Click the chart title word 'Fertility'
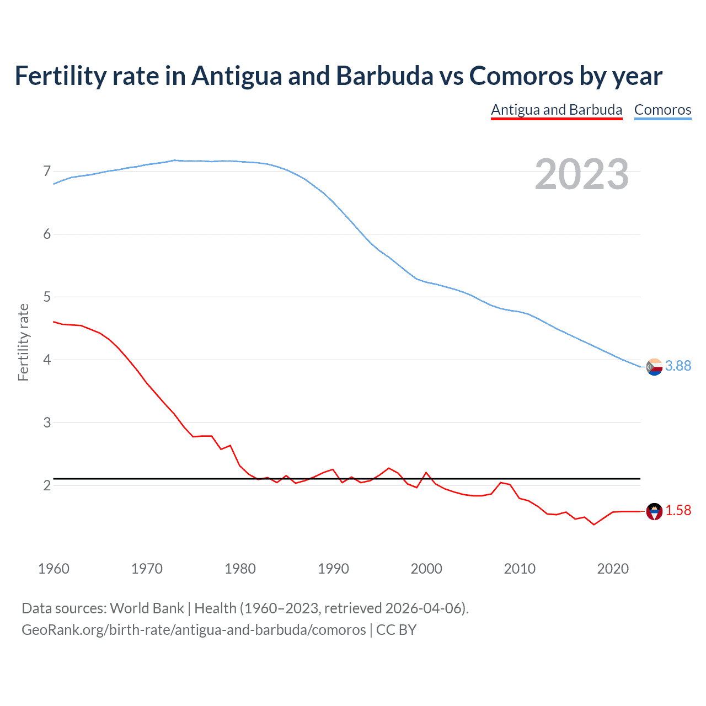coord(60,76)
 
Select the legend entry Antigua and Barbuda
coord(557,110)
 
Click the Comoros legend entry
coord(662,110)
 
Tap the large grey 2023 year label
coord(581,174)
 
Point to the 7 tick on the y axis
coord(47,172)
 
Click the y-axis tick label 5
coord(47,297)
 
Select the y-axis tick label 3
coord(47,423)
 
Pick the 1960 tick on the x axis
coord(54,569)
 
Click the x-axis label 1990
coord(333,569)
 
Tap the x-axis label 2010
coord(520,569)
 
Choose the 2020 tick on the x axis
coord(613,569)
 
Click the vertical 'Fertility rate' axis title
coord(23,342)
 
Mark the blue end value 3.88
coord(678,366)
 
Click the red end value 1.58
coord(678,511)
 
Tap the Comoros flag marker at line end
coord(654,367)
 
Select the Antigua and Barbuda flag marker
coord(654,511)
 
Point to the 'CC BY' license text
coord(396,630)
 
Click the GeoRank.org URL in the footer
coord(194,630)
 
